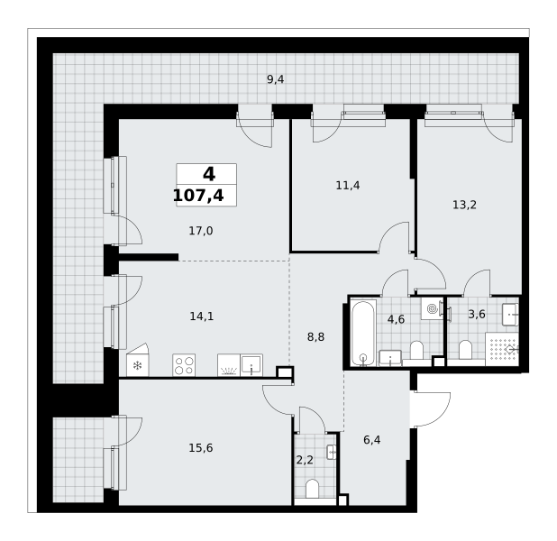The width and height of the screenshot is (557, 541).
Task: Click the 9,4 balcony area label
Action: click(275, 79)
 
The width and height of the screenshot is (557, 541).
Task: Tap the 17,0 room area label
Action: click(201, 231)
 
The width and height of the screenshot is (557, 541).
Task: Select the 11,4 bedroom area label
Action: click(348, 185)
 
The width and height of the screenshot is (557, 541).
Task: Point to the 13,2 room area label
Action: click(464, 205)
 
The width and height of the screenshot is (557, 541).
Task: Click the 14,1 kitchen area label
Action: click(202, 316)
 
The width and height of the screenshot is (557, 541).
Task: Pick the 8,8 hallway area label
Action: click(315, 337)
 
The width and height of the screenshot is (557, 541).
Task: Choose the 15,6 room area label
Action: click(201, 448)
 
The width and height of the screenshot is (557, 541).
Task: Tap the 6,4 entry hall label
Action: click(372, 440)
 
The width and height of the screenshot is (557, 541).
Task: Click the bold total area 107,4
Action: click(198, 196)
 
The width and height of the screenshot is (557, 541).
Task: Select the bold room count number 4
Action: click(209, 174)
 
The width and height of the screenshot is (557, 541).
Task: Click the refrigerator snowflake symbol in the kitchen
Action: click(137, 365)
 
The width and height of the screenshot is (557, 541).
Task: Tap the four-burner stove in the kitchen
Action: click(184, 365)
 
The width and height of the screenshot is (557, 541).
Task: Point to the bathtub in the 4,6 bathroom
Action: click(362, 333)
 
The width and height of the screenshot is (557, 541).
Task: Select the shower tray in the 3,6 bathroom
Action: click(502, 349)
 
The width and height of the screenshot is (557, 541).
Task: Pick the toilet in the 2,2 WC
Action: click(312, 489)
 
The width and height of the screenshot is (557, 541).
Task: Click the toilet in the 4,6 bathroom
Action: click(416, 350)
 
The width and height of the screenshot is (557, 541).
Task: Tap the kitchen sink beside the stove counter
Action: click(251, 365)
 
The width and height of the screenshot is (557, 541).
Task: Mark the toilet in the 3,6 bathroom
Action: click(465, 350)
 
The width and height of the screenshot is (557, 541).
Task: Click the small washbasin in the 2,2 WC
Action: click(332, 452)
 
